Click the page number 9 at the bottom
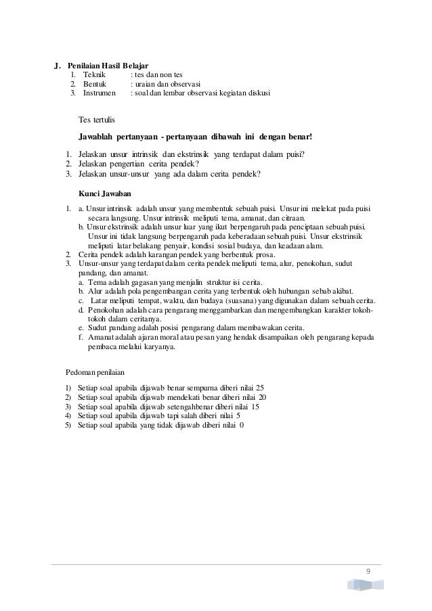368,572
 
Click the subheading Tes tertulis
98,120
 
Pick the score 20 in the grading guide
263,397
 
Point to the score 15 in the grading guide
255,407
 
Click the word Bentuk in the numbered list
94,84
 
